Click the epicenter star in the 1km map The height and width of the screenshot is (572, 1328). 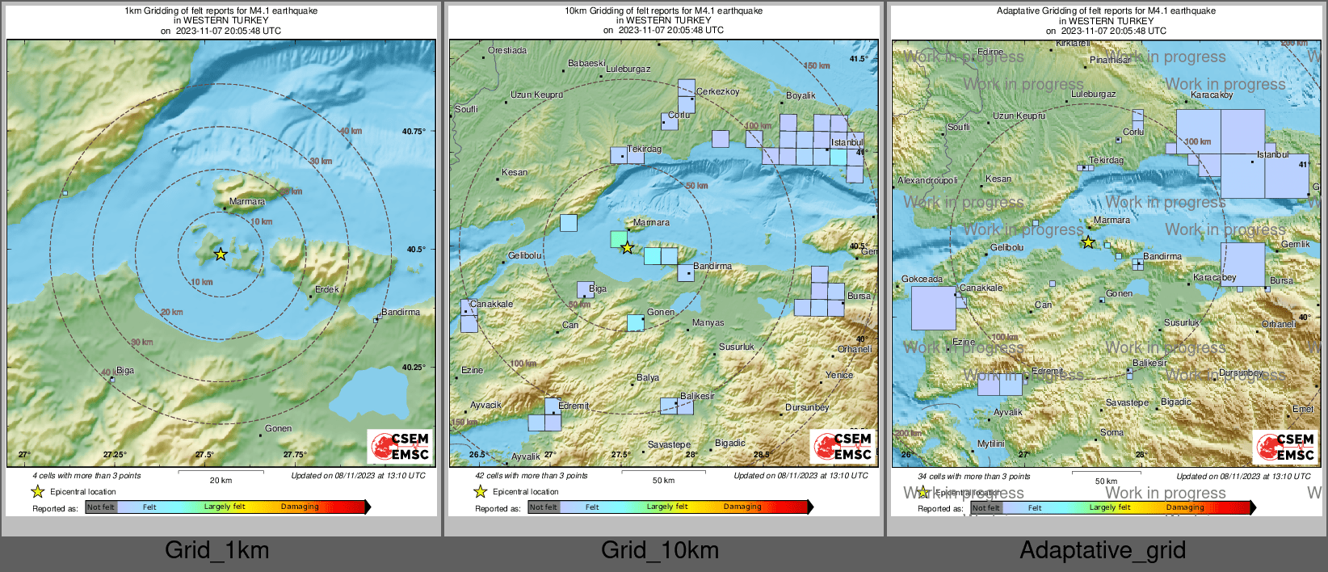coord(221,254)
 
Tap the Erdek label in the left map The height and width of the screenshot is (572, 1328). coord(327,289)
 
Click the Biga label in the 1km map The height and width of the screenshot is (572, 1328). coord(125,371)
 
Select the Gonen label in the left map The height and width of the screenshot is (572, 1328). coord(279,428)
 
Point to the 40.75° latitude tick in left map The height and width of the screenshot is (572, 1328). coord(414,131)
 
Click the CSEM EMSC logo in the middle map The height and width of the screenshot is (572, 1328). coord(843,446)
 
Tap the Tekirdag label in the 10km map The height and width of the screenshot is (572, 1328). coord(644,149)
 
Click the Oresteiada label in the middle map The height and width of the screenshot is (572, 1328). coord(506,51)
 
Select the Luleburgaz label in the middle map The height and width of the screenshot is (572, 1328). coord(628,69)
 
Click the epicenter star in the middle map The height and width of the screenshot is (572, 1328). coord(627,247)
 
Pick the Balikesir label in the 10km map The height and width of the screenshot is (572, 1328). coord(697,396)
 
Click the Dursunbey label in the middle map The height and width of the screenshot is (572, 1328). coord(807,407)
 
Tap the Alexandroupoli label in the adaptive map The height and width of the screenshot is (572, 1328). coord(927,181)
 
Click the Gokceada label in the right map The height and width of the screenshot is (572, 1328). coord(922,279)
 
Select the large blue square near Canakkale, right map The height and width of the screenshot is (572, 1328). coord(933,308)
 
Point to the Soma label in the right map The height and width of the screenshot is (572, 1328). coord(1112,432)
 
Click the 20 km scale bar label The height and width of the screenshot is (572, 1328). coord(221,480)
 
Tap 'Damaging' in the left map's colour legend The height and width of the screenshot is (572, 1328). coord(300,507)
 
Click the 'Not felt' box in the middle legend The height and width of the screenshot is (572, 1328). coord(544,507)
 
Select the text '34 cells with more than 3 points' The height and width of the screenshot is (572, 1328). coord(973,476)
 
